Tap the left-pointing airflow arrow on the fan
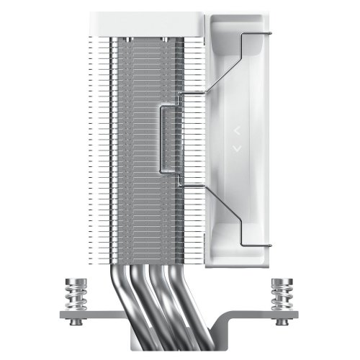(x=235, y=131)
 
